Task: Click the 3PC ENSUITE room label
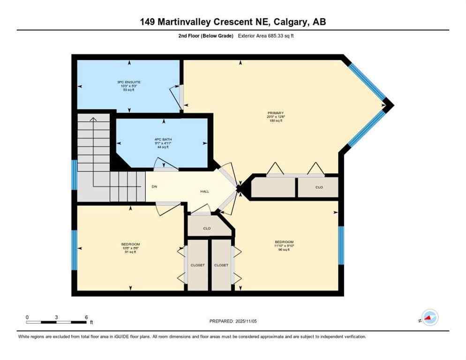(x=128, y=82)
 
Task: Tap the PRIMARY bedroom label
(x=276, y=113)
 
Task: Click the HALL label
(x=204, y=191)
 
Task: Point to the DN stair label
(x=154, y=186)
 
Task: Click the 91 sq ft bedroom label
(x=130, y=244)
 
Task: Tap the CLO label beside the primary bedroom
(x=319, y=187)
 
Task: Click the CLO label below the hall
(x=206, y=228)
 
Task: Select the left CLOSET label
(x=197, y=265)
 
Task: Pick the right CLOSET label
(x=221, y=265)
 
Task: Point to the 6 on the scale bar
(x=86, y=317)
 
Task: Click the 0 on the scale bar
(x=27, y=317)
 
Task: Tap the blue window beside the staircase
(x=74, y=175)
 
